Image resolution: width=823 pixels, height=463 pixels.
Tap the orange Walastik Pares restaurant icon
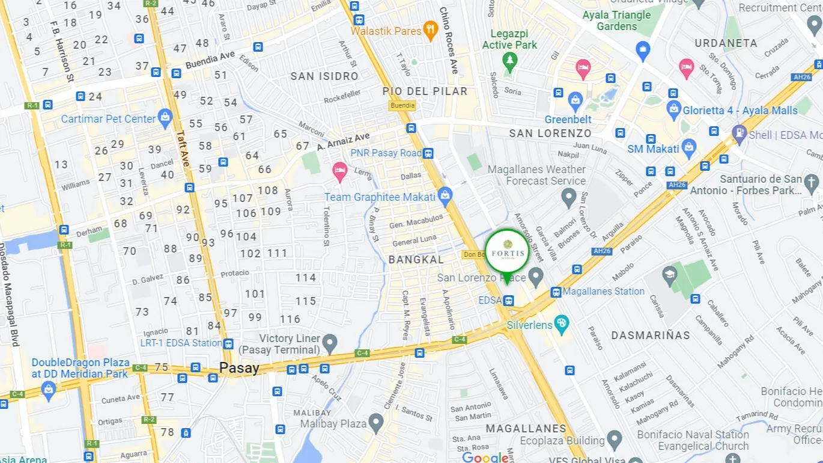pyautogui.click(x=430, y=30)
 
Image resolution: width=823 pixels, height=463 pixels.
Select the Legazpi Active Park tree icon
pyautogui.click(x=510, y=61)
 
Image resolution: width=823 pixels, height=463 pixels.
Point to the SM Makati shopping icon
pyautogui.click(x=689, y=146)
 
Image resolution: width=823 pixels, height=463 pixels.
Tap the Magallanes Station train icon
pyautogui.click(x=556, y=292)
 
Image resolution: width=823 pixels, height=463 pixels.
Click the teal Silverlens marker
pyautogui.click(x=562, y=323)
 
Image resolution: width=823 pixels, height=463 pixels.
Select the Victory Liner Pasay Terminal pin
pyautogui.click(x=329, y=343)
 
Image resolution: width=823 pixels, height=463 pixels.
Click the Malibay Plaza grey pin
pyautogui.click(x=376, y=423)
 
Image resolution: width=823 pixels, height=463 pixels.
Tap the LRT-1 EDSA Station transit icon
pyautogui.click(x=228, y=344)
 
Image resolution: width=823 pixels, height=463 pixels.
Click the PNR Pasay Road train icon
pyautogui.click(x=428, y=153)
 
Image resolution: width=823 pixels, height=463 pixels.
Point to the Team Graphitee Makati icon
pyautogui.click(x=445, y=195)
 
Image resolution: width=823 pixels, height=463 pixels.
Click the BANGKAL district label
pyautogui.click(x=416, y=260)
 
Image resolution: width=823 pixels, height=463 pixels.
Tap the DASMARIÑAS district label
pyautogui.click(x=651, y=336)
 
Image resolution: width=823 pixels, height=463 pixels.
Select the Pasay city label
pyautogui.click(x=239, y=368)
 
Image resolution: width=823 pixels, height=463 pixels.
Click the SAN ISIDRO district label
pyautogui.click(x=324, y=76)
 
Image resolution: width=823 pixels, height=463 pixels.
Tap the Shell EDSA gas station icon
pyautogui.click(x=739, y=133)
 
